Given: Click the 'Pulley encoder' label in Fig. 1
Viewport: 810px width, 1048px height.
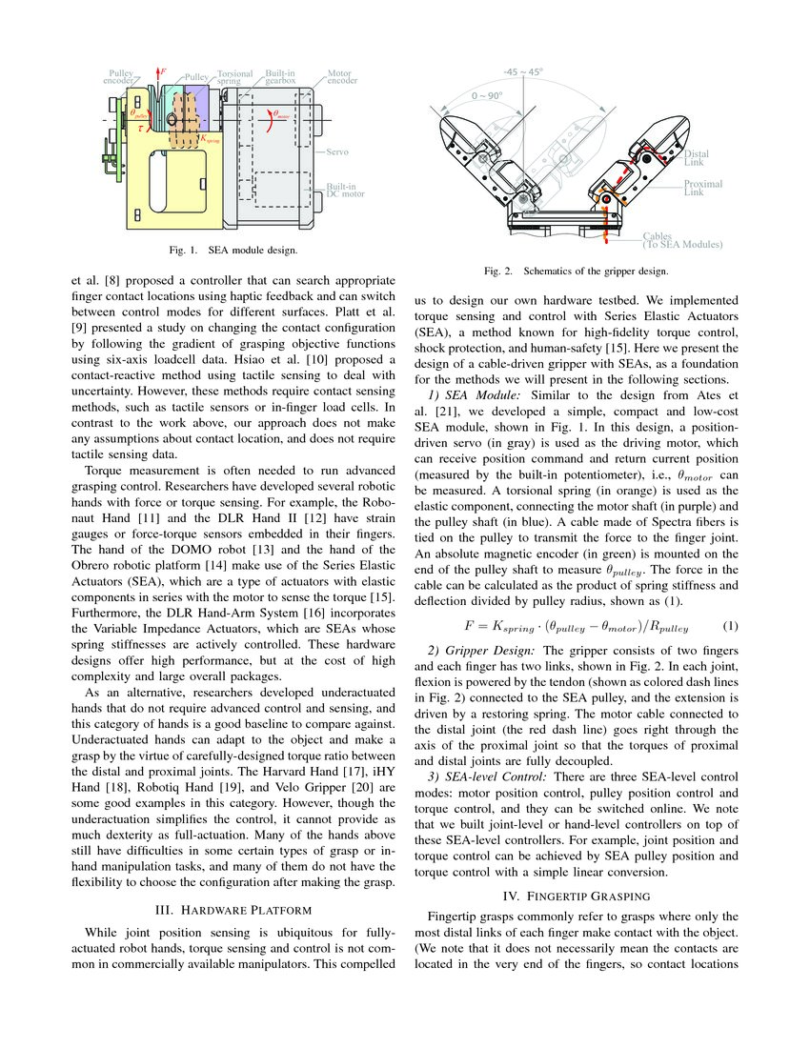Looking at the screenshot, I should (121, 77).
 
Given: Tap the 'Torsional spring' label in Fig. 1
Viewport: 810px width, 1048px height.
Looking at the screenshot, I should (235, 77).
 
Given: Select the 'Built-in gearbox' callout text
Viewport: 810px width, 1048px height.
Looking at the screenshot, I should (280, 77).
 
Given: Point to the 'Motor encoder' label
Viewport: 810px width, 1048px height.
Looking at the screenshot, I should (342, 77).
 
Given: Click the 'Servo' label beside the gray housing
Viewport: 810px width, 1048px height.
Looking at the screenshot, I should (338, 151).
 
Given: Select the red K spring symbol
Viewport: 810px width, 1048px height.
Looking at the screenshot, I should (211, 137).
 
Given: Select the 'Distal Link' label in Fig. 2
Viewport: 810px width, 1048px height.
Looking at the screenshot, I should (698, 157).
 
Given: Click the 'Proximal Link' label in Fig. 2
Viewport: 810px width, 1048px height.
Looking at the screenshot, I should (703, 188).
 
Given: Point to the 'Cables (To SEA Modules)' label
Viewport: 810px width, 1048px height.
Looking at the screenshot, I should (680, 240).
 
